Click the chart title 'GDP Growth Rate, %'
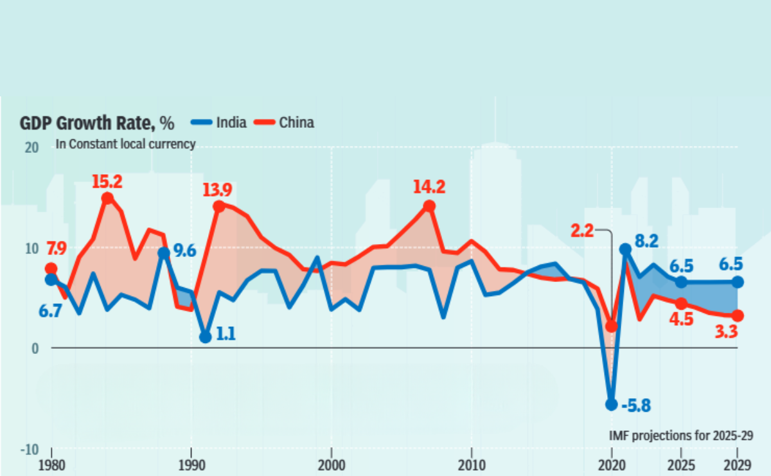pos(97,122)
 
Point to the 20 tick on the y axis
pos(31,147)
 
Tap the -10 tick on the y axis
pos(29,449)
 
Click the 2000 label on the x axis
pos(331,464)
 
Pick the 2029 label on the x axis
pos(738,464)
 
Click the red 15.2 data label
pos(107,182)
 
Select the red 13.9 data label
pos(218,191)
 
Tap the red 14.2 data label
pos(429,188)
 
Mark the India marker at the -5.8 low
pos(611,404)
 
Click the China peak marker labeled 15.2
pos(107,198)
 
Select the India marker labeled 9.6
pos(164,253)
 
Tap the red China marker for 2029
pos(738,315)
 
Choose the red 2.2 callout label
pos(583,230)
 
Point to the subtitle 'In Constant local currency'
pos(125,144)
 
